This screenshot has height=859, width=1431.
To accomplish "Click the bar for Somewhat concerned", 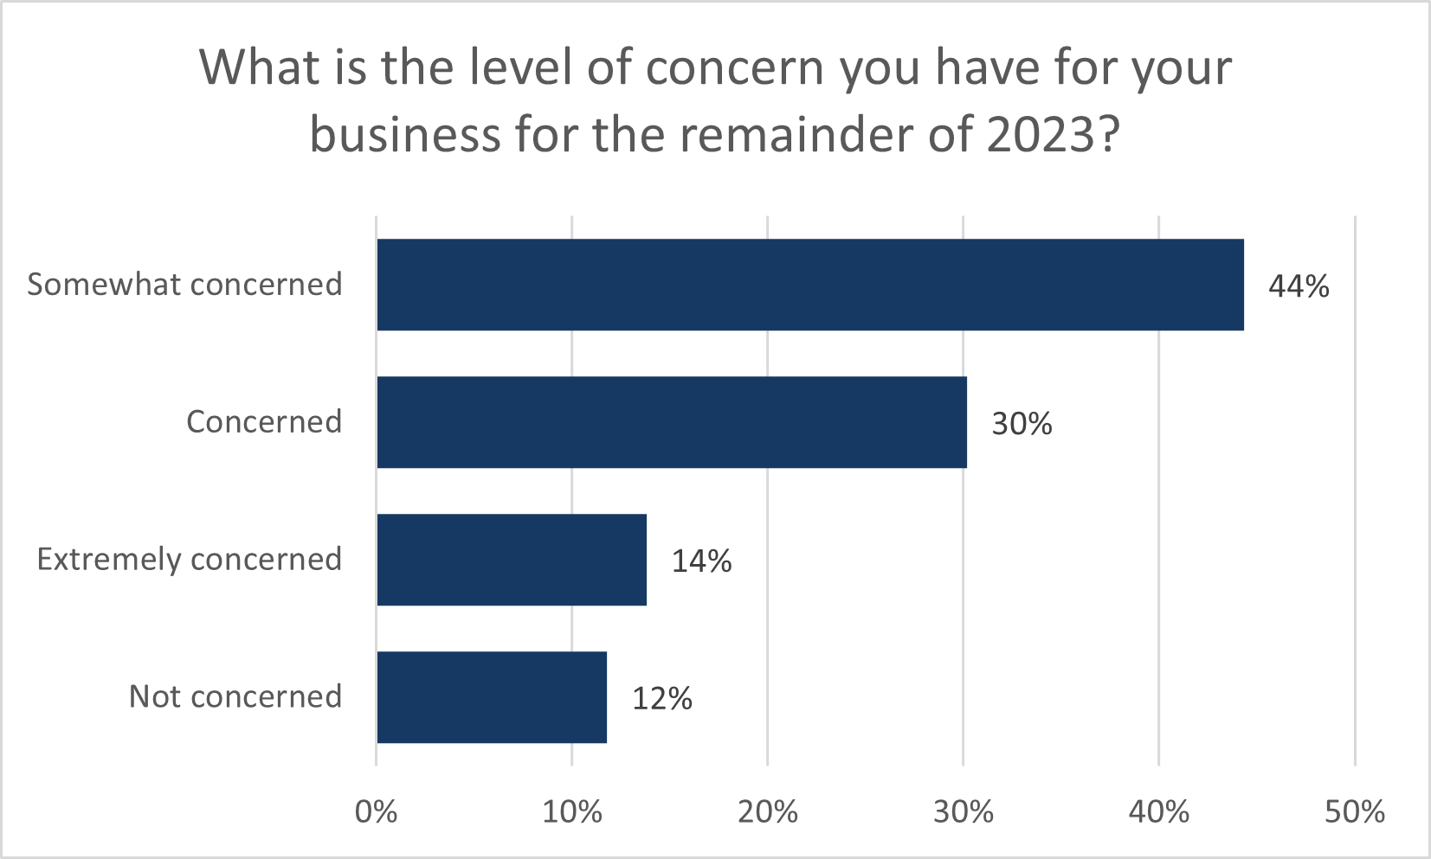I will pos(809,285).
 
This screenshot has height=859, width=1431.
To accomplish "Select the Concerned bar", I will pos(671,422).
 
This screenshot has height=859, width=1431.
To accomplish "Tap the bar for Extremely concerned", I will pos(511,560).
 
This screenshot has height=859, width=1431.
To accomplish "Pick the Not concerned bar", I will pos(491,697).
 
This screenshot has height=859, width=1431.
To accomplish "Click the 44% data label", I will pos(1299,286).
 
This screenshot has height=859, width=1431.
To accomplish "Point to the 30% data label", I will pos(1022,424).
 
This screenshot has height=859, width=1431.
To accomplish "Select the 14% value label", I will pos(701,561).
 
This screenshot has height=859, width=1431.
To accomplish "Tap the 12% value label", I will pos(661,699).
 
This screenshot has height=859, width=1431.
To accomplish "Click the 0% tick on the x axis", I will pos(377,811).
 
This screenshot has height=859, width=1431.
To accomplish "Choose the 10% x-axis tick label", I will pos(572,811).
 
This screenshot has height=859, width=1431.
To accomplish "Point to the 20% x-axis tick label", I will pos(768,811).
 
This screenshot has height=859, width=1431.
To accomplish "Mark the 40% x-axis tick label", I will pos(1159,811).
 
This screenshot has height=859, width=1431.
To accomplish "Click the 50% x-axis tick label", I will pos(1355,811).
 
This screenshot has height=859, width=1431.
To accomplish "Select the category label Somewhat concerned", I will pos(184,285).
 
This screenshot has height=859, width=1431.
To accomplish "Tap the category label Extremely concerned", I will pos(189,560).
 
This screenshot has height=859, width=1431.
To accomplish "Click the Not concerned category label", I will pos(235,697).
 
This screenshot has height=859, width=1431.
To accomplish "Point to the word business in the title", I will pos(404,136).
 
